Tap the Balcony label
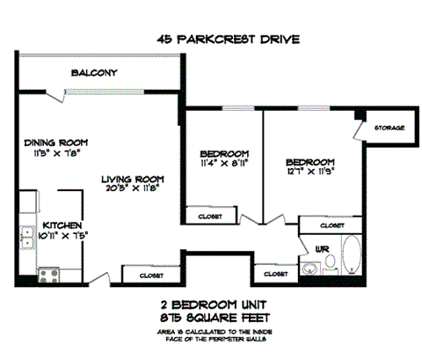tap(95, 73)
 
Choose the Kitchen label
tap(62, 224)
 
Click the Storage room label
tap(389, 128)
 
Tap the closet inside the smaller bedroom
tap(210, 216)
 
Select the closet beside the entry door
tap(150, 276)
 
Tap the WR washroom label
tap(323, 249)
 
